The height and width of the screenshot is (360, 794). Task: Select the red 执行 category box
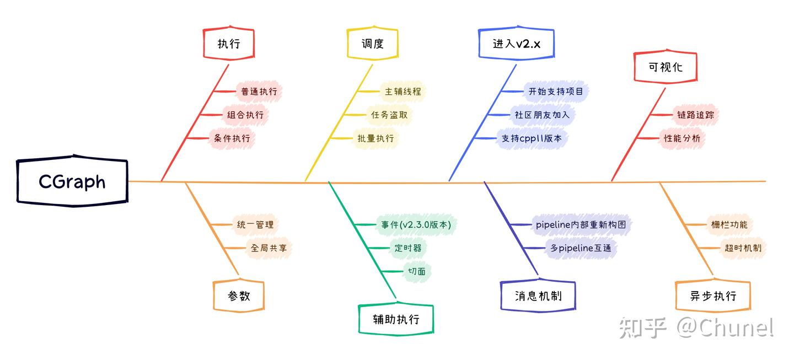229,44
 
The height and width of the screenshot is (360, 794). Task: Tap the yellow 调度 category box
373,44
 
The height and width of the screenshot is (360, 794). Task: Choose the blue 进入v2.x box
516,44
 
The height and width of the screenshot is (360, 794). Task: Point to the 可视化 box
666,67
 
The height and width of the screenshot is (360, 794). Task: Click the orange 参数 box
239,296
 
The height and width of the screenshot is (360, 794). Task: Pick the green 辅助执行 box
396,319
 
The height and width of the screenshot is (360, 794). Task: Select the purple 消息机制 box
538,296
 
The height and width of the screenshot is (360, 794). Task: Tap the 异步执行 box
713,296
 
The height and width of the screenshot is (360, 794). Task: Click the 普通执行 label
259,92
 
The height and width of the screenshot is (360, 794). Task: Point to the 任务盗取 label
389,115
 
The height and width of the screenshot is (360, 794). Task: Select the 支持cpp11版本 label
531,138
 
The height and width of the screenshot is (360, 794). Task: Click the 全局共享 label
269,248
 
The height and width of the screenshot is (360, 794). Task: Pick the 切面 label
416,271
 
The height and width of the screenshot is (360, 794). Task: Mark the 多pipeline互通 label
581,248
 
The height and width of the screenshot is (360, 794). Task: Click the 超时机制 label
743,248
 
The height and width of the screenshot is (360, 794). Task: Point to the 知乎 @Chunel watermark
696,327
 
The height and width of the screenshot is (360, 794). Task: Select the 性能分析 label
682,138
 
